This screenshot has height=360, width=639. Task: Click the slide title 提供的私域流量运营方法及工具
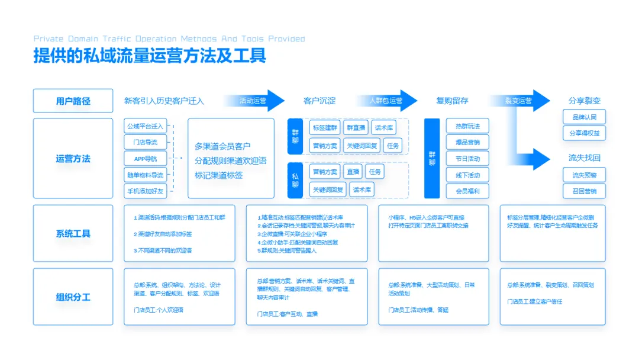[x=150, y=56]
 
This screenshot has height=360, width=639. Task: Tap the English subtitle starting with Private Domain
[x=169, y=38]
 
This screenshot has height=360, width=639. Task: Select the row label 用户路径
[x=73, y=101]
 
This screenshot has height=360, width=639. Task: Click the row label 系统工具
[x=73, y=233]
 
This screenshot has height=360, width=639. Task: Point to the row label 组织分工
[x=73, y=297]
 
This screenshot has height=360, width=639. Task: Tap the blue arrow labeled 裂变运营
[x=519, y=101]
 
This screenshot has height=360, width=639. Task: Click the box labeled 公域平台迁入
[x=145, y=126]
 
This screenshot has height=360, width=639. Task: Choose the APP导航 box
[x=145, y=159]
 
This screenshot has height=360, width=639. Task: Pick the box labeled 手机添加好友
[x=145, y=191]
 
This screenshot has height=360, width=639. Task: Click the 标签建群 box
[x=325, y=127]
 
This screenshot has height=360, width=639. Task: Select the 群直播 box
[x=356, y=127]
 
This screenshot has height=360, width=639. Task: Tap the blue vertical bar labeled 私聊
[x=295, y=180]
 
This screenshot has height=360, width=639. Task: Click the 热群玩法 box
[x=467, y=126]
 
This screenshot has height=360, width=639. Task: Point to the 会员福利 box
[x=467, y=191]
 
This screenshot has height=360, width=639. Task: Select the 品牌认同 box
[x=584, y=117]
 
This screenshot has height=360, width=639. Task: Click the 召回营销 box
[x=584, y=191]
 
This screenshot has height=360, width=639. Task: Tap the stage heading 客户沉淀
[x=319, y=101]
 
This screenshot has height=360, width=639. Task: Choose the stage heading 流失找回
[x=584, y=158]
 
